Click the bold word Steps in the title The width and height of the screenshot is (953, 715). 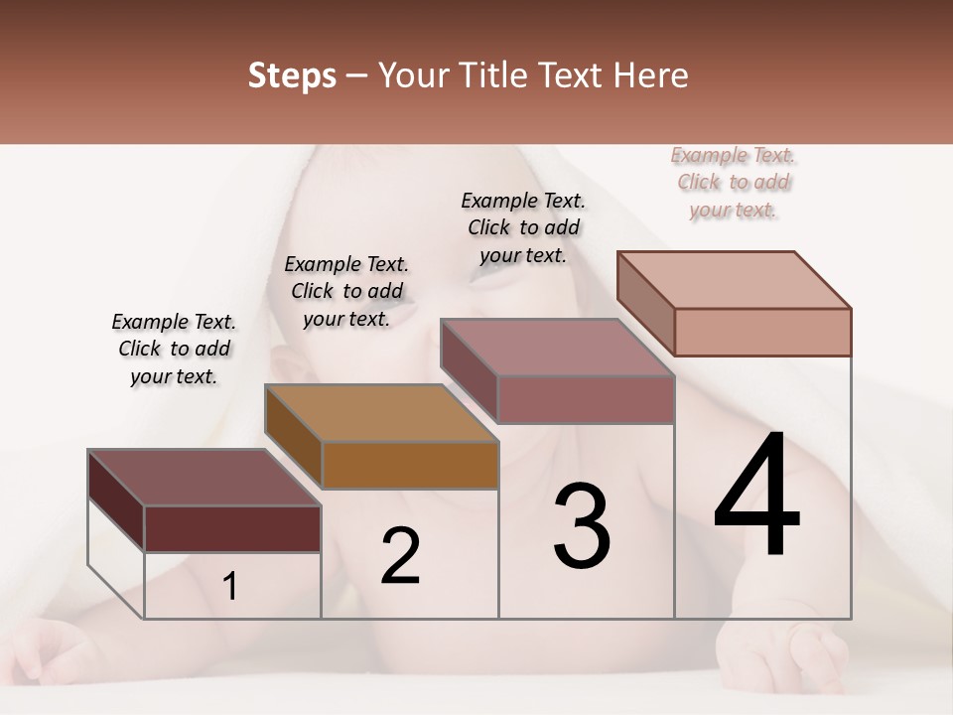[x=292, y=75]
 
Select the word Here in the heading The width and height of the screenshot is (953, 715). [x=650, y=75]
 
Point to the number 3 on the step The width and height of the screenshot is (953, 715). [x=582, y=527]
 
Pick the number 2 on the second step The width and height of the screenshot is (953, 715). [x=400, y=556]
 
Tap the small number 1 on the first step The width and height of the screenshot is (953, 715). [x=230, y=587]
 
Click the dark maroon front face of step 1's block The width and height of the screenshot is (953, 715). [x=232, y=528]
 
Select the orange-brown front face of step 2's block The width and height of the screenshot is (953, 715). [x=409, y=465]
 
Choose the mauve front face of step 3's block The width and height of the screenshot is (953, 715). [x=586, y=399]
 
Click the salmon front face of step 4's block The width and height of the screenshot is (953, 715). [x=762, y=332]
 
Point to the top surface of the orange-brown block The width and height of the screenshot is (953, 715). [x=382, y=412]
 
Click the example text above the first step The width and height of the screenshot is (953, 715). [x=174, y=349]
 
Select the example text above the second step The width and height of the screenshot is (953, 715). [x=346, y=291]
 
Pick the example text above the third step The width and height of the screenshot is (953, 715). [x=523, y=227]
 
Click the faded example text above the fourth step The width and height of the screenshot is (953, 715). [x=734, y=182]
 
